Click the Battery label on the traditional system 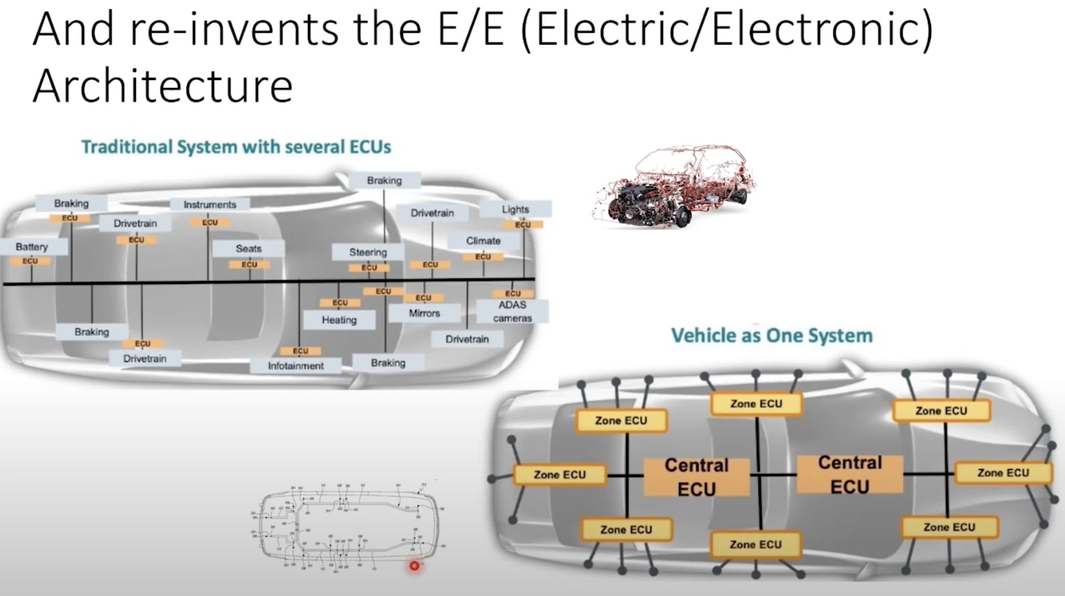tap(32, 247)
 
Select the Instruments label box tap(209, 205)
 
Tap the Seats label tap(249, 249)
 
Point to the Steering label tap(368, 252)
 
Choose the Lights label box tap(515, 209)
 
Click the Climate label tap(483, 241)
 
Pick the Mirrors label tap(424, 313)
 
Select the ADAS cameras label tap(512, 311)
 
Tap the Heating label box tap(339, 320)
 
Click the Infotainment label tap(295, 366)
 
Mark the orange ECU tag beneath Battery tap(30, 261)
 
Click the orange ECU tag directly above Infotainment tap(300, 351)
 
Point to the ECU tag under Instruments tap(210, 223)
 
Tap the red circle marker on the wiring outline tap(414, 565)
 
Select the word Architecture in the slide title tap(162, 85)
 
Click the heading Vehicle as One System tap(772, 335)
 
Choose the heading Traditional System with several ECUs tap(236, 146)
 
